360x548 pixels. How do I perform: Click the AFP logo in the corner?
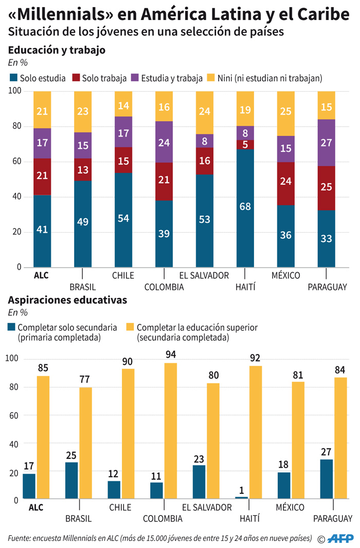point(341,538)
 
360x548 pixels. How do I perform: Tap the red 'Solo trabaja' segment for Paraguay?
point(327,188)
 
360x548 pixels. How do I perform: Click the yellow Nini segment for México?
point(286,114)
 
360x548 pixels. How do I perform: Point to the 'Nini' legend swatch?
point(210,78)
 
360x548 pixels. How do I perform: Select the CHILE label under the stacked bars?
point(123,275)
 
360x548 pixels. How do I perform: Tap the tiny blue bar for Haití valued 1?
point(242,498)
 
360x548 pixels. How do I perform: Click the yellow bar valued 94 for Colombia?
point(171,431)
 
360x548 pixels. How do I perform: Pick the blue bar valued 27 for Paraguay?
point(327,479)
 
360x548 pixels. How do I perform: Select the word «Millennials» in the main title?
point(58,14)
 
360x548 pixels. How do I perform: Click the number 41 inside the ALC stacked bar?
point(42,229)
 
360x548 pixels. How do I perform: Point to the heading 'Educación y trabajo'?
point(57,50)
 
